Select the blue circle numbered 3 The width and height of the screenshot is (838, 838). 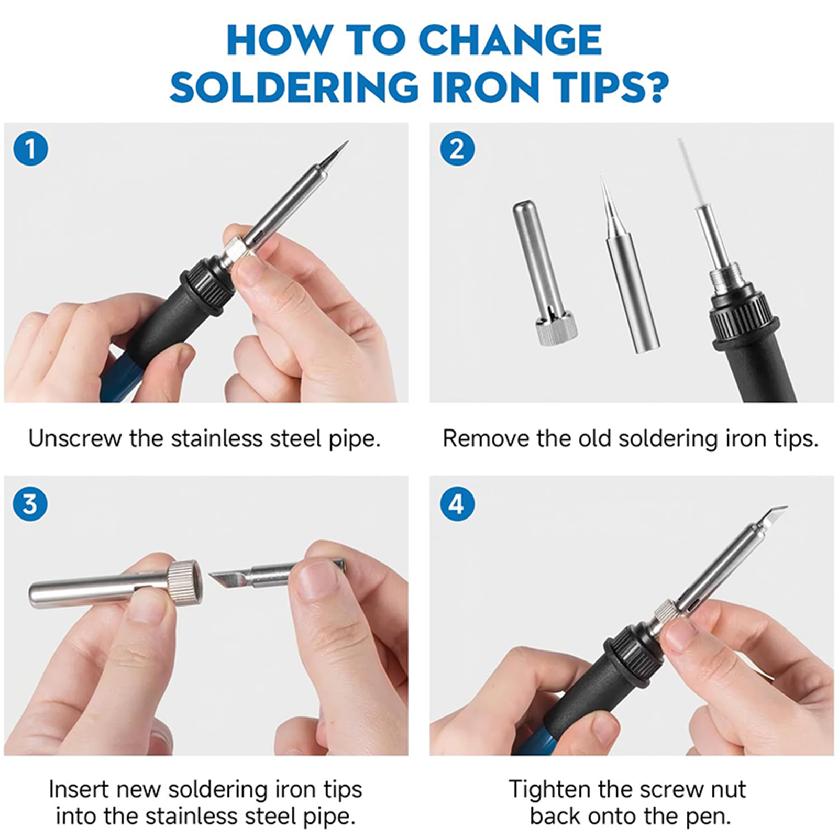[30, 504]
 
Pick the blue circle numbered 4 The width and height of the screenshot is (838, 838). [457, 504]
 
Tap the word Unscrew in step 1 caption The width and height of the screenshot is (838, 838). [75, 438]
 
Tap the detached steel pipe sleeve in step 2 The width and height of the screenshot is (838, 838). [543, 272]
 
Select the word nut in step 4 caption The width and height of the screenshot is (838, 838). [725, 789]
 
